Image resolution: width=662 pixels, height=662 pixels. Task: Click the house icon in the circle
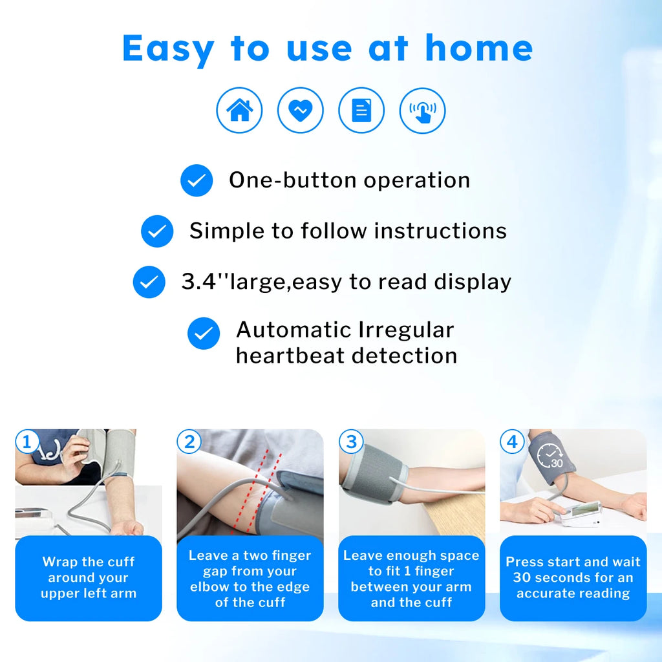click(x=239, y=111)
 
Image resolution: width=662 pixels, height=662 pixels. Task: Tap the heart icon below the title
click(x=300, y=111)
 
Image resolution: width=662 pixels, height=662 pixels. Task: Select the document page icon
click(x=361, y=111)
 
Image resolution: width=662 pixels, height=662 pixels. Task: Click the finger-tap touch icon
click(x=422, y=111)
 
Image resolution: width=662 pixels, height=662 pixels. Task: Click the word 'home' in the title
click(x=478, y=48)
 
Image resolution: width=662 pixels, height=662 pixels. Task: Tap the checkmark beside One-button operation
click(x=196, y=180)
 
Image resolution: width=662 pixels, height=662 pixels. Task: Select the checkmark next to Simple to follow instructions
click(x=157, y=231)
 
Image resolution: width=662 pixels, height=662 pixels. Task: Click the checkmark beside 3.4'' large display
click(x=149, y=282)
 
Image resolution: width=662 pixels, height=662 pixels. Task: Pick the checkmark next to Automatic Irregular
click(x=204, y=334)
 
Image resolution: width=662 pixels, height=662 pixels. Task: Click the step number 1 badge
click(x=27, y=442)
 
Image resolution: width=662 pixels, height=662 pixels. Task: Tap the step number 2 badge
click(x=189, y=442)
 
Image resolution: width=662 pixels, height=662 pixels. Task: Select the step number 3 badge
click(x=351, y=442)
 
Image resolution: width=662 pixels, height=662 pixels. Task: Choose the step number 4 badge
click(x=512, y=442)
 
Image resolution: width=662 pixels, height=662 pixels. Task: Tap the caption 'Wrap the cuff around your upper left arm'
click(x=89, y=578)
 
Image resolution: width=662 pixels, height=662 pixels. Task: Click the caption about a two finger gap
click(x=250, y=579)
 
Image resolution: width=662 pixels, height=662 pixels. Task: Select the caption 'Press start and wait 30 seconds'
click(x=573, y=578)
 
